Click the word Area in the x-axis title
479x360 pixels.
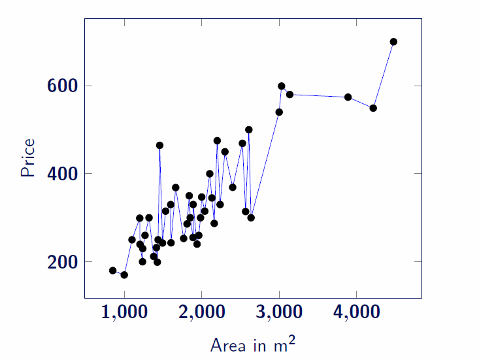(225, 344)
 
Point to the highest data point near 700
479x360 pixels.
(393, 42)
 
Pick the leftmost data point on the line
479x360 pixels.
(112, 270)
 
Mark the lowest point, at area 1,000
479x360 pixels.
(124, 275)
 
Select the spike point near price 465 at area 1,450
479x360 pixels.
(159, 145)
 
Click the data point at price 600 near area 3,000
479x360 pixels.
(282, 86)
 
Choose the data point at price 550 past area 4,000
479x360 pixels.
(373, 108)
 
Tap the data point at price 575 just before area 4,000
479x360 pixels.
(348, 97)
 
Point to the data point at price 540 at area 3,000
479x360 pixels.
(279, 112)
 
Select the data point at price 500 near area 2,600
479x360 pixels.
(248, 130)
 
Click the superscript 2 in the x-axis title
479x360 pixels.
(292, 338)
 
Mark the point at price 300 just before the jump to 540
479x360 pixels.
(251, 218)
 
